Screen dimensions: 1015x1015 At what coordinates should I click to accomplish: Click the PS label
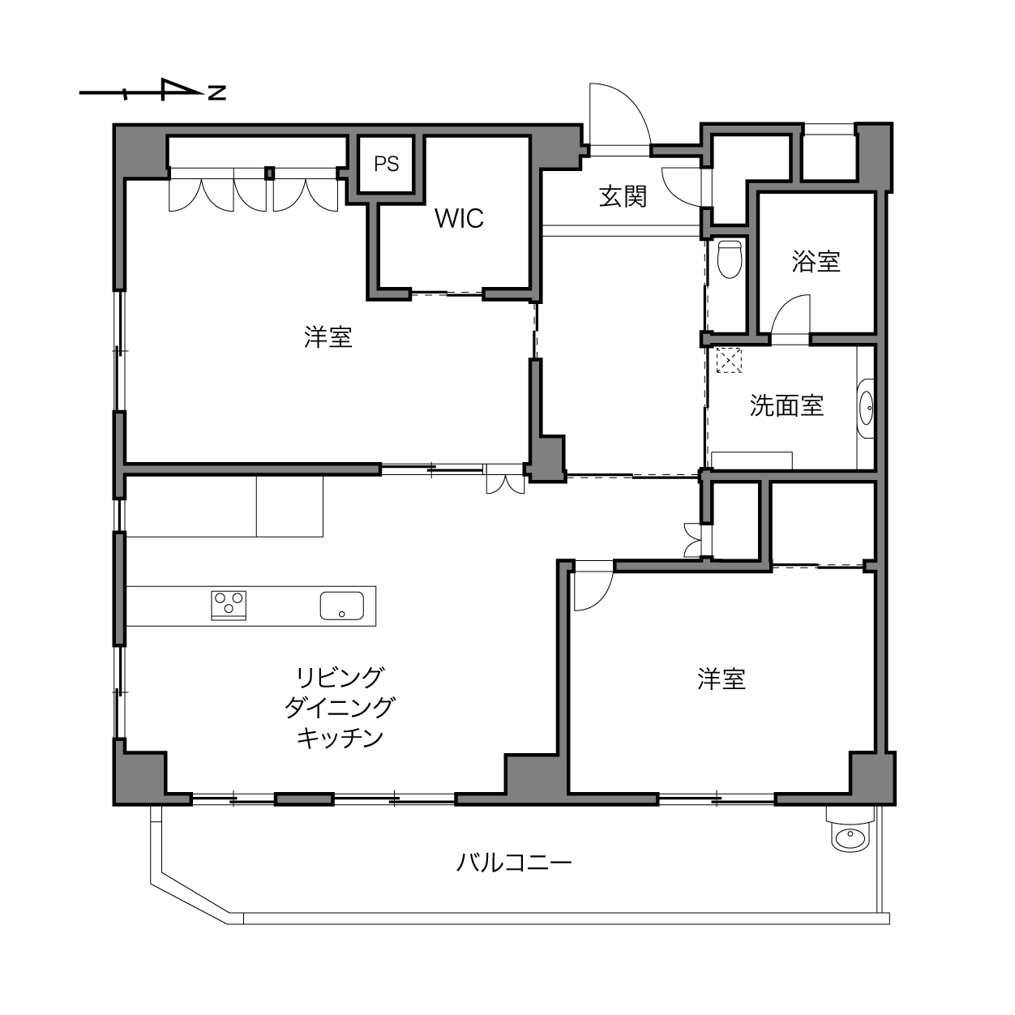[386, 165]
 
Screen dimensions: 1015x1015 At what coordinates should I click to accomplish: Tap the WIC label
[460, 219]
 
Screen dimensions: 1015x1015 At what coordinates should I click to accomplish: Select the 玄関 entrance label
[623, 198]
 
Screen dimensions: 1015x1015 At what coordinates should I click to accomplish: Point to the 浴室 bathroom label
[816, 262]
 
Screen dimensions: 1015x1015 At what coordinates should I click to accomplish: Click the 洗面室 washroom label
[787, 406]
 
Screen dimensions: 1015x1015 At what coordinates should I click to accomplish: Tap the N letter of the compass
[217, 92]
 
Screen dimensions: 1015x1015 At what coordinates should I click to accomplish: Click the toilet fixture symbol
[730, 259]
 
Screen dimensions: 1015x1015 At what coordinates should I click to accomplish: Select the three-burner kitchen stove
[229, 606]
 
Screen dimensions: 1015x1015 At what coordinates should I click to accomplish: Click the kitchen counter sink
[342, 606]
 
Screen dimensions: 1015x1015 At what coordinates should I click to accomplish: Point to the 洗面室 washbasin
[866, 408]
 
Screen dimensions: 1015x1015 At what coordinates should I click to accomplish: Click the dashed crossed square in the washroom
[729, 360]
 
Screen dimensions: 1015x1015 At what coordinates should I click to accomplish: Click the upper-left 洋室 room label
[328, 337]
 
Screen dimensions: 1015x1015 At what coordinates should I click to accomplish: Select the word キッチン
[340, 739]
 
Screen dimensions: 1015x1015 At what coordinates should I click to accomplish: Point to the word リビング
[340, 678]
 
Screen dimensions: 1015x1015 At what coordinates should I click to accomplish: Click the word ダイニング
[340, 708]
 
